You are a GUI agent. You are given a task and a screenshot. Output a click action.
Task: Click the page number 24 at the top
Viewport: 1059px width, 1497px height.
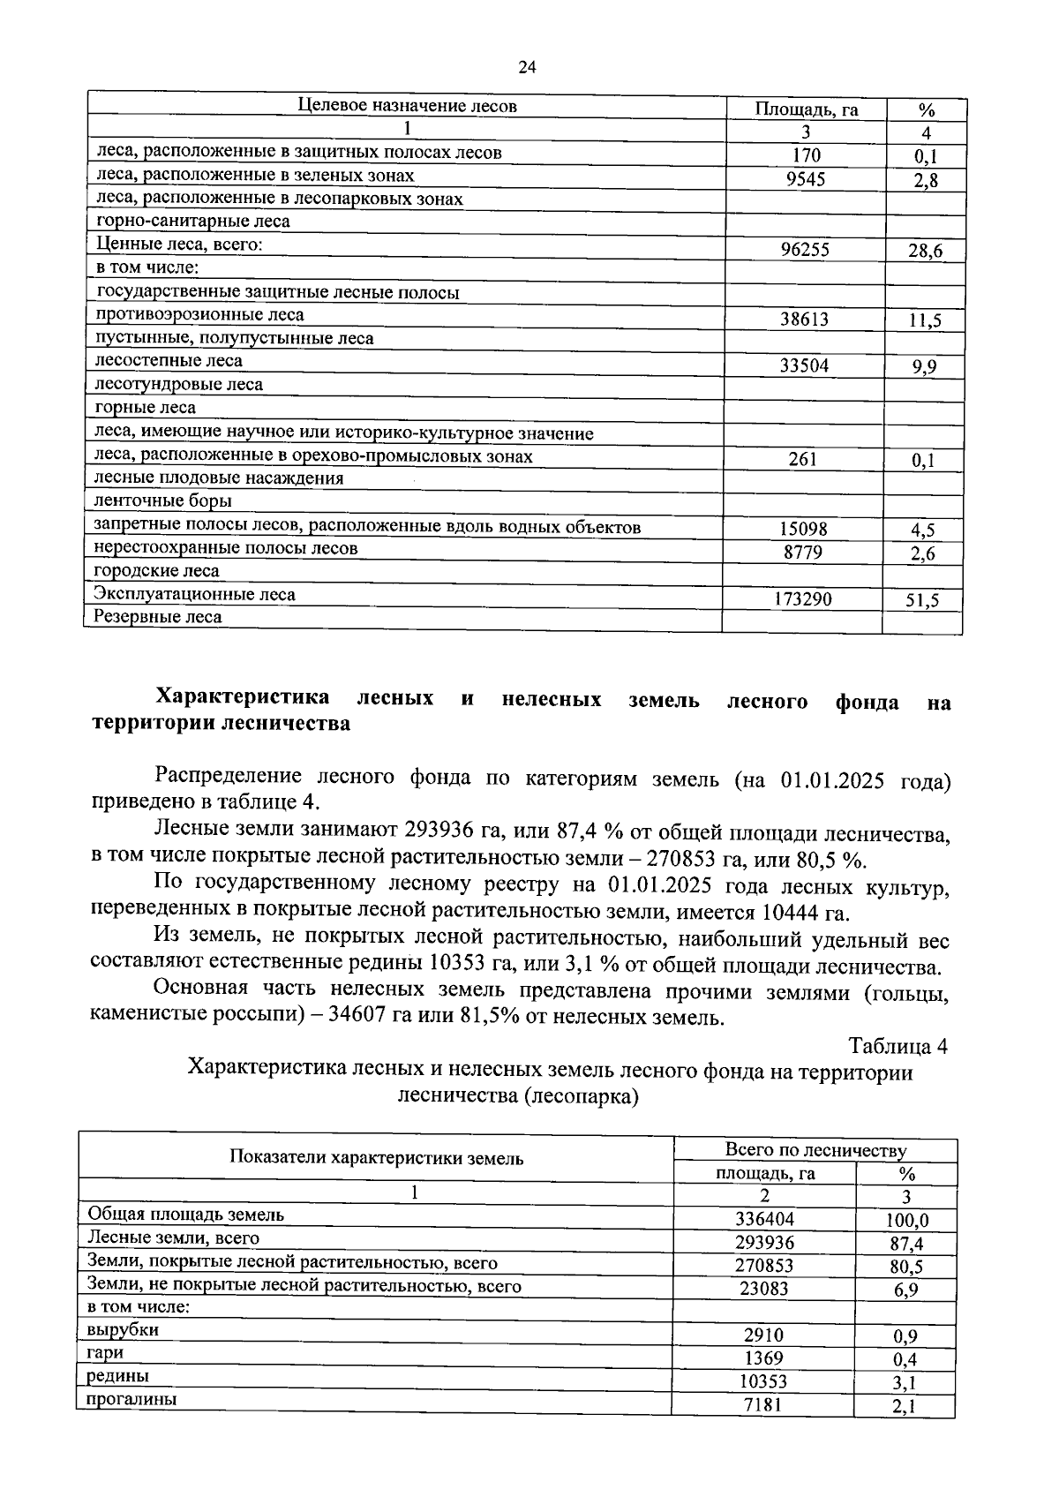point(528,68)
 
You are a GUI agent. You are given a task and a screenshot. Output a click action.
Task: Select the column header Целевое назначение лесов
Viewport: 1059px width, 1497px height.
point(407,106)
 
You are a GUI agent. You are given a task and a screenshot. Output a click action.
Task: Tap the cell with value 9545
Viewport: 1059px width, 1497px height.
point(804,179)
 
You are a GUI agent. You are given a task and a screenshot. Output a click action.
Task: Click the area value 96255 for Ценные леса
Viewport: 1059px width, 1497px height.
point(804,250)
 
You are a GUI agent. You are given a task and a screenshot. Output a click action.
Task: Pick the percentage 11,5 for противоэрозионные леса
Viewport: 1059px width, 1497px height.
point(924,320)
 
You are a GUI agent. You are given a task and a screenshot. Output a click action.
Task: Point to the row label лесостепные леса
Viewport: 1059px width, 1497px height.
point(169,361)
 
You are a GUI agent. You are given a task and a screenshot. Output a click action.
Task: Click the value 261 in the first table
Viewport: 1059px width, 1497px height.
point(803,459)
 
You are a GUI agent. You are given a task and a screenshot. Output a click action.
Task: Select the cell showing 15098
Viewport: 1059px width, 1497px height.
point(803,529)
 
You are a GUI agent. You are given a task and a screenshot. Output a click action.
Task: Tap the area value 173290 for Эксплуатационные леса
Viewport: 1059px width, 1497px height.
point(802,599)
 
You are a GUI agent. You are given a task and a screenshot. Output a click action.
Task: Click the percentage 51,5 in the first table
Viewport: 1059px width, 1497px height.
point(922,601)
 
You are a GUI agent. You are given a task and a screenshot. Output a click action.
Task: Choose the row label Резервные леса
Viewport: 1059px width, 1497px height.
point(158,617)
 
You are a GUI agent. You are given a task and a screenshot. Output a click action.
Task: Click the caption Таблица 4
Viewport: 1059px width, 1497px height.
point(898,1047)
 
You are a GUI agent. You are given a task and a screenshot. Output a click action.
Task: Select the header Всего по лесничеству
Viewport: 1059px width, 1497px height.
point(815,1150)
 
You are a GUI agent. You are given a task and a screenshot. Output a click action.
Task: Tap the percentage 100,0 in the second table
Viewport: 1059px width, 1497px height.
point(906,1221)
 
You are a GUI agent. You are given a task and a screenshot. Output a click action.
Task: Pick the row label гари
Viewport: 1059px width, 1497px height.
point(105,1352)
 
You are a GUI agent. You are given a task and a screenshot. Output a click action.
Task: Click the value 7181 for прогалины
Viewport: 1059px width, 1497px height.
point(763,1404)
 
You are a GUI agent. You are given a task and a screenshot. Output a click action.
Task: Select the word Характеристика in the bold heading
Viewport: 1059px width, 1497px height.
point(243,698)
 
